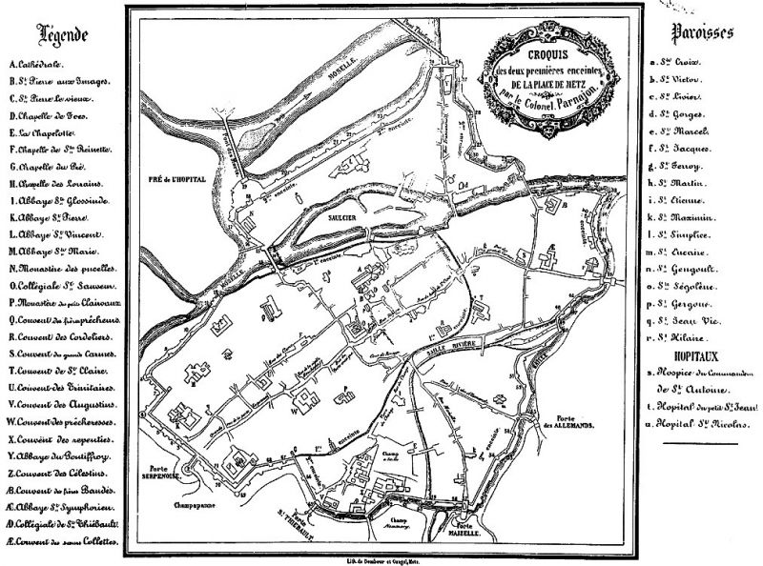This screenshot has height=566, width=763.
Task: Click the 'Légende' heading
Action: coord(62,35)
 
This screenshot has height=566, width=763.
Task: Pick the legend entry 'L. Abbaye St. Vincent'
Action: coord(53,233)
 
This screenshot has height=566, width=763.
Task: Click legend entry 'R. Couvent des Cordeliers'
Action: coord(60,336)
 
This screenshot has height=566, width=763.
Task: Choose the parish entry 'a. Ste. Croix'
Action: coord(673,63)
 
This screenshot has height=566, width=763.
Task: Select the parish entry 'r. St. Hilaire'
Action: coord(678,336)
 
